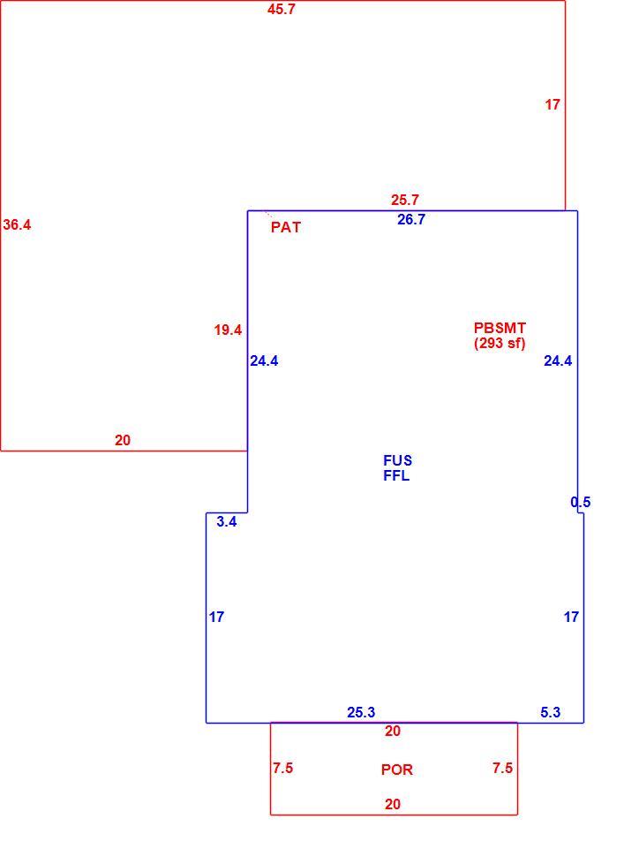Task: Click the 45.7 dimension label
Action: [x=282, y=10]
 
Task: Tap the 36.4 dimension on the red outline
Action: [x=17, y=224]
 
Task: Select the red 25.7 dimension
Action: [x=405, y=200]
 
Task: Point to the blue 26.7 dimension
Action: [x=411, y=220]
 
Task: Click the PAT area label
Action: [x=286, y=227]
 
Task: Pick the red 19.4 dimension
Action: [x=228, y=330]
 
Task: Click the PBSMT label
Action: [x=500, y=328]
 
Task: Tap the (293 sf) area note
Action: [x=500, y=343]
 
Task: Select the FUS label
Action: [x=397, y=460]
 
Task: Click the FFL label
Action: [x=396, y=475]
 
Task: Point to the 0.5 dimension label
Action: [x=581, y=503]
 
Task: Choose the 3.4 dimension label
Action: [x=227, y=521]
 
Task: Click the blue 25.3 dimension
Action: [x=361, y=713]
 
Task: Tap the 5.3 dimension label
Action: [x=551, y=712]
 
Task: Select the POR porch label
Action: [x=397, y=770]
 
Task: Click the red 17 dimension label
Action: [x=553, y=104]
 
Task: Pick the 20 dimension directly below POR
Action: [x=393, y=804]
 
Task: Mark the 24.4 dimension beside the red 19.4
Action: [x=265, y=360]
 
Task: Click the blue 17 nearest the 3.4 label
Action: [x=216, y=617]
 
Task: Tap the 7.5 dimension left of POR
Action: [x=283, y=768]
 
